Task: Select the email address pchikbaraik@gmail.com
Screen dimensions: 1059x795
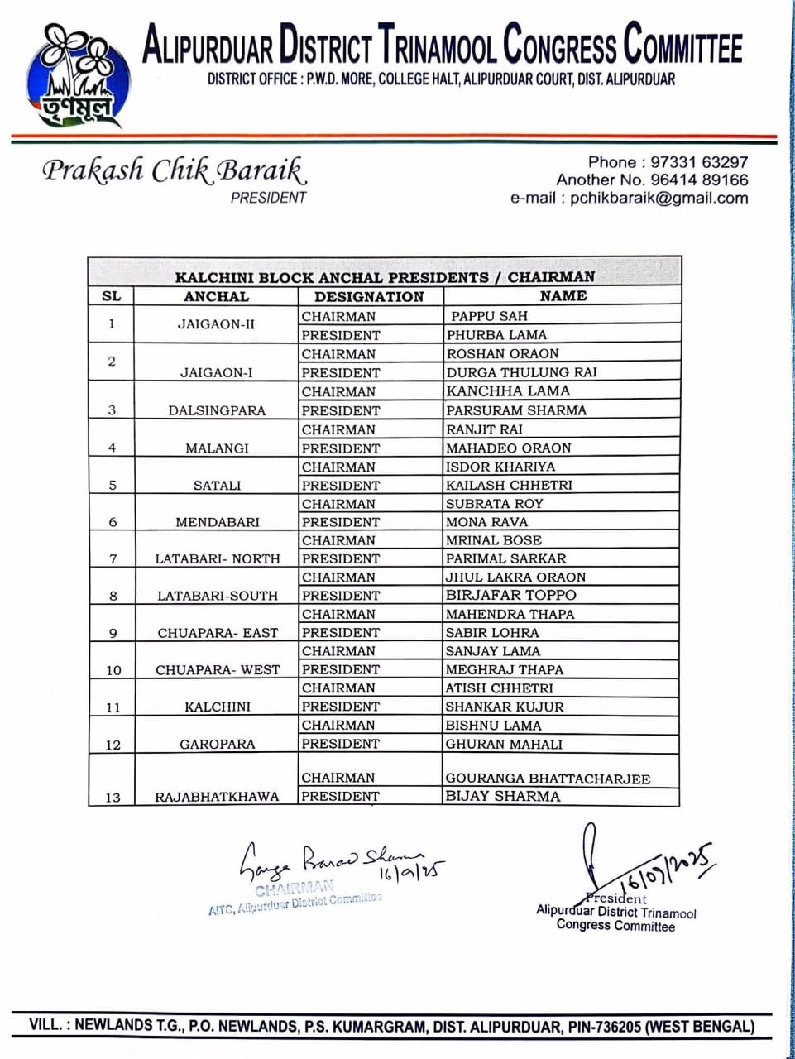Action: point(659,198)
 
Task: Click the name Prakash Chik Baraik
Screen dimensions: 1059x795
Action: point(175,170)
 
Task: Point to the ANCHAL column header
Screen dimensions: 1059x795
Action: point(216,296)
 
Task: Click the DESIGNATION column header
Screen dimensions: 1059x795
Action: point(369,296)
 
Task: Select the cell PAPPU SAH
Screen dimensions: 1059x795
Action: point(488,316)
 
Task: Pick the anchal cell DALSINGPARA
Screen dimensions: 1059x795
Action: point(217,410)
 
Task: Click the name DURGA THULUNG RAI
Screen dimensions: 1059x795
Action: point(521,372)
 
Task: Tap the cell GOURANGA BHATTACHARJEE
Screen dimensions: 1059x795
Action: point(548,779)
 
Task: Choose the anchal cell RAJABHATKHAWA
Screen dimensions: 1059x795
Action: point(217,798)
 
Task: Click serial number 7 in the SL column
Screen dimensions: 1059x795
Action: point(113,559)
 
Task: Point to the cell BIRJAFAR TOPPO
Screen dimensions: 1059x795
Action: point(510,595)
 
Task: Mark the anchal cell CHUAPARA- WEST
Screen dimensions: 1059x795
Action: point(218,670)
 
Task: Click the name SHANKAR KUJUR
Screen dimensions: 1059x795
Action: point(505,707)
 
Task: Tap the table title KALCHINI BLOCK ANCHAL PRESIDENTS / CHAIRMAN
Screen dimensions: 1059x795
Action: point(385,277)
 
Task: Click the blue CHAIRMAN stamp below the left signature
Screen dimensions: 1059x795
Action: point(294,889)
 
